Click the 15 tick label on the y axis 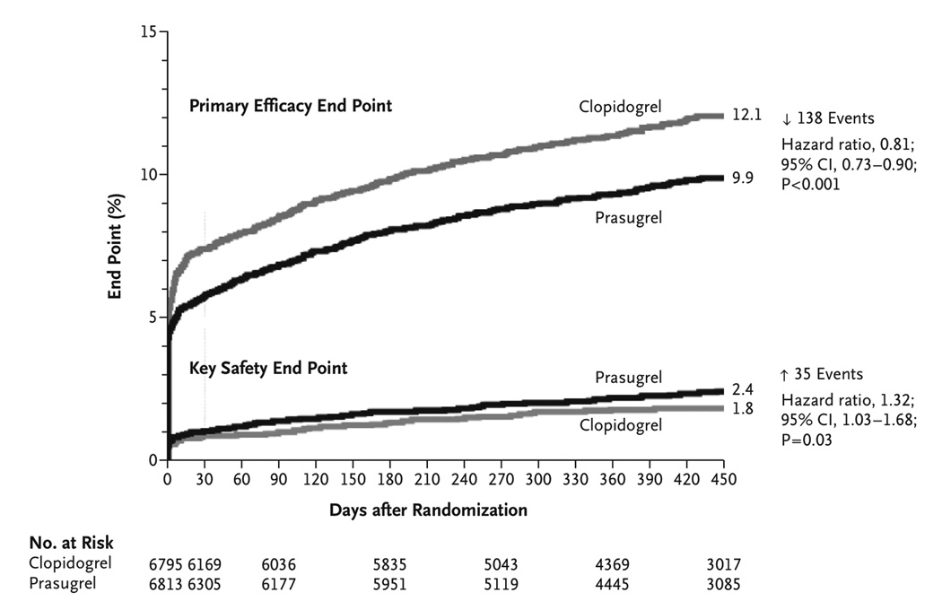(148, 32)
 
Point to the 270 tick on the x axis (501, 479)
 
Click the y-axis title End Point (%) (116, 246)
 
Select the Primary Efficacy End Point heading (290, 106)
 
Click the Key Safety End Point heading (268, 368)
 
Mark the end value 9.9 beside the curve (742, 178)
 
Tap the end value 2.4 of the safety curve (742, 390)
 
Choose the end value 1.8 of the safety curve (742, 409)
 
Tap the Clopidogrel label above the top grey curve (619, 107)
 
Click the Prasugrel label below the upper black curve (628, 217)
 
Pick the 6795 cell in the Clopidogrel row (167, 565)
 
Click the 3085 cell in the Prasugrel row (722, 584)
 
